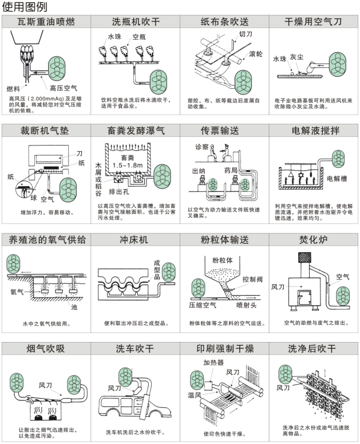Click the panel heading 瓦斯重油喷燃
coord(46,22)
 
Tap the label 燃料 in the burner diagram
coord(13,89)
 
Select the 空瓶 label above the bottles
coord(139,37)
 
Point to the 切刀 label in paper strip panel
coord(245,34)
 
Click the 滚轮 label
coord(256,54)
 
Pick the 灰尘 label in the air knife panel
coord(296,57)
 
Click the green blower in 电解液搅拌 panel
coord(338,158)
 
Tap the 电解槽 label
coord(337,179)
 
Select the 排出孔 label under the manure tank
coord(119,192)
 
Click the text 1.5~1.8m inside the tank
coord(128,165)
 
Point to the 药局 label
coord(231,170)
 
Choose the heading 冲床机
coord(134,240)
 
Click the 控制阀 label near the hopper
coord(252,279)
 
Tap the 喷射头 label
coord(246,305)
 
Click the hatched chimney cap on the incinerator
coord(304,258)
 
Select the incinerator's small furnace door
coord(304,297)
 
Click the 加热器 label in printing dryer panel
coord(213,363)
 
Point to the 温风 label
coord(195,395)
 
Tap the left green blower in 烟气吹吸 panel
coord(17,383)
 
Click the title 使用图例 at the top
coord(25,7)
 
